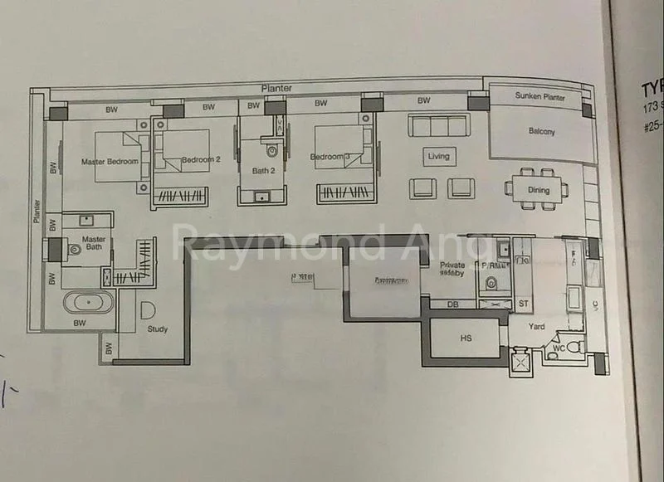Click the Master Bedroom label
(x=110, y=161)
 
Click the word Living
(x=438, y=156)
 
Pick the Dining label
(x=539, y=190)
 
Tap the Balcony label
(x=542, y=131)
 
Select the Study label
(x=157, y=329)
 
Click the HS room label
(x=466, y=338)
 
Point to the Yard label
(x=538, y=326)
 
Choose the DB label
(x=452, y=304)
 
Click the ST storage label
(x=524, y=304)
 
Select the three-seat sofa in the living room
(x=437, y=125)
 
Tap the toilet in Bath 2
(x=272, y=152)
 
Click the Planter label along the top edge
(x=275, y=88)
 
